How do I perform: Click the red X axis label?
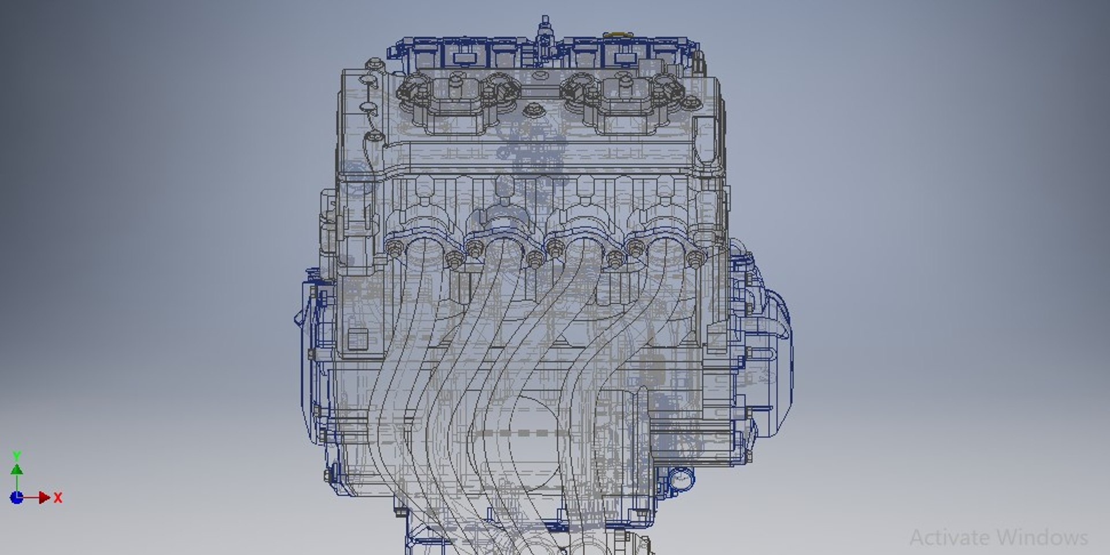click(x=58, y=497)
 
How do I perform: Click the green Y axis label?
click(x=17, y=456)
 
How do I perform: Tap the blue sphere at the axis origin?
click(x=17, y=497)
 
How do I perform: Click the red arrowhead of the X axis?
click(x=45, y=497)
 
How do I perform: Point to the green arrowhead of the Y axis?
click(x=17, y=470)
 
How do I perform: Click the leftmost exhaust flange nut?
click(x=395, y=249)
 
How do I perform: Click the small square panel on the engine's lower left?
click(x=357, y=339)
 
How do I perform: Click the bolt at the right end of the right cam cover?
click(x=690, y=104)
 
